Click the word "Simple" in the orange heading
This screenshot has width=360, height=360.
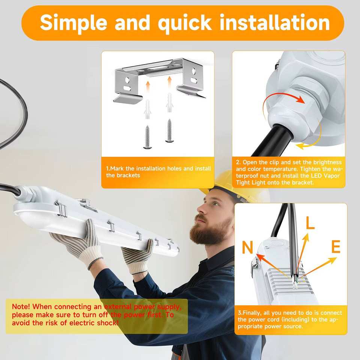point(73,23)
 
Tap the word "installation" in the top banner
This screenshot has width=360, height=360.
point(275,22)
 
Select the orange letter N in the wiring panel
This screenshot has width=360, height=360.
point(247,247)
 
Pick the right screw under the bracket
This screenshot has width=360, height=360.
point(169,130)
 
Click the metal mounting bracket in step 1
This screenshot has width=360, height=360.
point(160,79)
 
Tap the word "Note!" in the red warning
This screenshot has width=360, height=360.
point(21,306)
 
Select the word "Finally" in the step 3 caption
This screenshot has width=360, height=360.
point(252,313)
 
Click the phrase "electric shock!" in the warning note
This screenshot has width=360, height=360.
point(94,323)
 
